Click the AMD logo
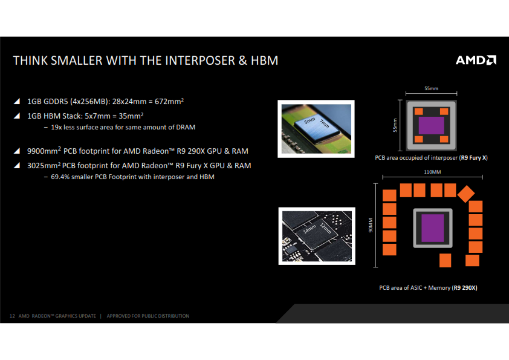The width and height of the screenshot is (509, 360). point(476,60)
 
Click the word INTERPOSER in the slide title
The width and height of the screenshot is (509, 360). point(200,61)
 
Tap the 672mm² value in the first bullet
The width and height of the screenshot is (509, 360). point(169,101)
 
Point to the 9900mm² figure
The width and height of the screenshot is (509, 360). point(44,151)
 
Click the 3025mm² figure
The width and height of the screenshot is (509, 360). point(44,165)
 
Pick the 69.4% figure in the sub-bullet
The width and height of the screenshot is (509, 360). point(60,177)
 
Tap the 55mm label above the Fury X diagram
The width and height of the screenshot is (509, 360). point(431,88)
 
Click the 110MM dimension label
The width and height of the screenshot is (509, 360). point(432,172)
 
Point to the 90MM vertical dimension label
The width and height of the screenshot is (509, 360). point(371,225)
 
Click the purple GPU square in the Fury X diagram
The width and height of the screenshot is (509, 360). point(432,125)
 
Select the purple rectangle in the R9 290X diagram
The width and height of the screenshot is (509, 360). point(432,227)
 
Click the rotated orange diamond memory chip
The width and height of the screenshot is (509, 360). point(466,194)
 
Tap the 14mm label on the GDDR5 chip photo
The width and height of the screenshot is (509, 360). point(310,229)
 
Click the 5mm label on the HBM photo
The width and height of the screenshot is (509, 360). point(310,121)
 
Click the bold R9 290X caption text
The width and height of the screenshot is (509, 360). point(465,287)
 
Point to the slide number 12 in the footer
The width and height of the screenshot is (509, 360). point(12,316)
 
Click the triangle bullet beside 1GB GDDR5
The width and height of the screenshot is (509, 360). point(17,101)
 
